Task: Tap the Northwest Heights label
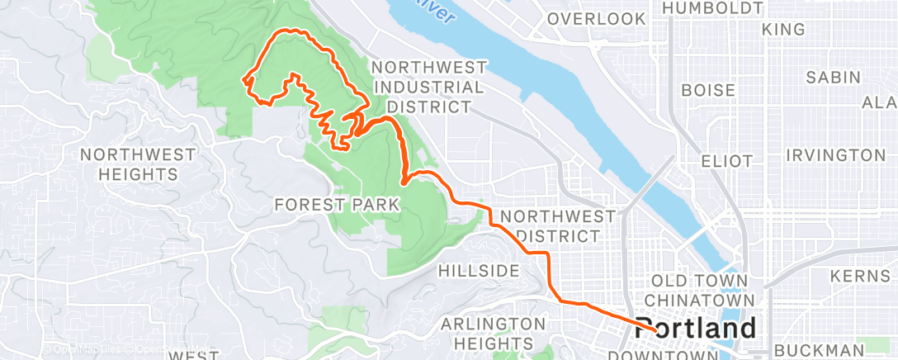pyautogui.click(x=138, y=164)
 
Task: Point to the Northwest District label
pyautogui.click(x=558, y=226)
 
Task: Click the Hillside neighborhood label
pyautogui.click(x=478, y=271)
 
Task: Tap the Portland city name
pyautogui.click(x=695, y=328)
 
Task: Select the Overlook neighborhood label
pyautogui.click(x=595, y=18)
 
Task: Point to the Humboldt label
pyautogui.click(x=712, y=8)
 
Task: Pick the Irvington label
pyautogui.click(x=835, y=155)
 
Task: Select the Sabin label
pyautogui.click(x=834, y=78)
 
